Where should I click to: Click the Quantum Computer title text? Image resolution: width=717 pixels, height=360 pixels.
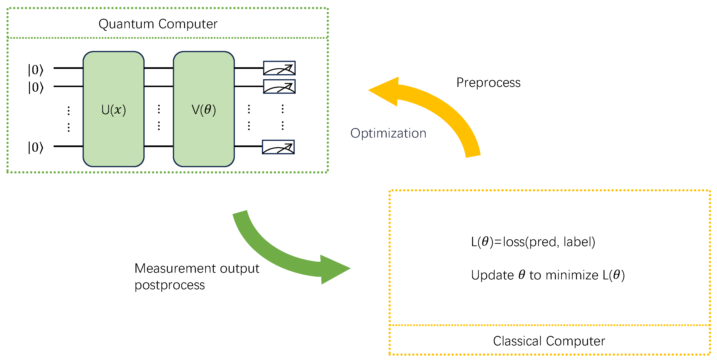click(158, 24)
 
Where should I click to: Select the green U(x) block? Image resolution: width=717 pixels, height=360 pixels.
click(113, 109)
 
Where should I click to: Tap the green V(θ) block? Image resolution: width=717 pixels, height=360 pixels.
click(204, 109)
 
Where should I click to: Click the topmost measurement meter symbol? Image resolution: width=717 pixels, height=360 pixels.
click(279, 68)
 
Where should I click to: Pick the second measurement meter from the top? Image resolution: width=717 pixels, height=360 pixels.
click(279, 87)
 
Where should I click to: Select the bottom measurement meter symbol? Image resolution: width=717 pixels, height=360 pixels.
click(278, 147)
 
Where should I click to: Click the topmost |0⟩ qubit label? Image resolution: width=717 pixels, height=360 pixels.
click(36, 70)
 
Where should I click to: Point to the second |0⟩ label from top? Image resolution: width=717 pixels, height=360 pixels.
click(36, 87)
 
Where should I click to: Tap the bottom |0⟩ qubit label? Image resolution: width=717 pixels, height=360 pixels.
click(36, 147)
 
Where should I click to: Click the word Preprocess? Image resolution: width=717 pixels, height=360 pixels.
click(488, 83)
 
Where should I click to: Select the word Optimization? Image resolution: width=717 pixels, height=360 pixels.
click(388, 133)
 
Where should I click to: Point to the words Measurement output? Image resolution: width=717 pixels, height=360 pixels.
click(197, 268)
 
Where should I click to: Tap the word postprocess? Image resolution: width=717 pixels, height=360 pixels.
click(169, 285)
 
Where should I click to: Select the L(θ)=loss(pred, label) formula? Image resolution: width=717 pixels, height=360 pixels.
click(533, 242)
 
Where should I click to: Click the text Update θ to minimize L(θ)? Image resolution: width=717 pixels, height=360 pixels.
click(548, 275)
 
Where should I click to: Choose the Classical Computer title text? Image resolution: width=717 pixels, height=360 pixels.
click(549, 341)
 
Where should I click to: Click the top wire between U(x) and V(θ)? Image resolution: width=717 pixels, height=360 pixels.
click(159, 68)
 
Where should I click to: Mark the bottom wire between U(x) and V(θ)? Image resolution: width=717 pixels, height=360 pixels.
click(159, 146)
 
